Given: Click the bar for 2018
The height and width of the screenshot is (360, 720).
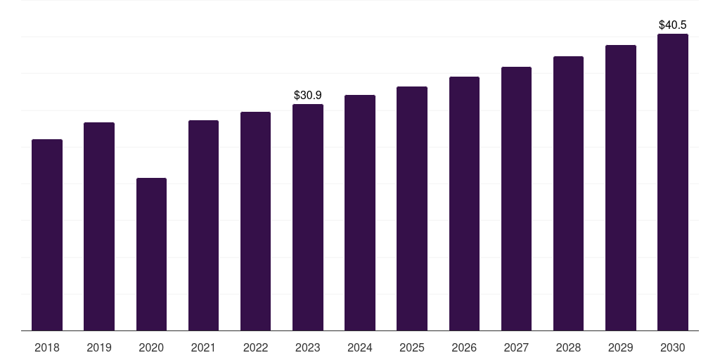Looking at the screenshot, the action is coord(47,235).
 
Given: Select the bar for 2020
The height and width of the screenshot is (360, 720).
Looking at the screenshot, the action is coord(151,254).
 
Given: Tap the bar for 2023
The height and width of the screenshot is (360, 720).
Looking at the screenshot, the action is coord(308,217).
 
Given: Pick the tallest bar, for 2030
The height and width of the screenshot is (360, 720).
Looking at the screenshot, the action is coord(673,182).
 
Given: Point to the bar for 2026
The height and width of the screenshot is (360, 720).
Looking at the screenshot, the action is coord(464,203).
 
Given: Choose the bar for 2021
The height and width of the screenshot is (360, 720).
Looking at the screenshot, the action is coord(203,226).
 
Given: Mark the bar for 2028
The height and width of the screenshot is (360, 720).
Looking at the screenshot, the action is coord(568,193).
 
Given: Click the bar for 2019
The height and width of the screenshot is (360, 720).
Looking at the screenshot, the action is coord(99,226).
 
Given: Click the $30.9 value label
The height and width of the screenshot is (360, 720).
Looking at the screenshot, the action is coord(308,95).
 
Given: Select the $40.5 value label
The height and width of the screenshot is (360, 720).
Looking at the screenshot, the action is coord(673,25).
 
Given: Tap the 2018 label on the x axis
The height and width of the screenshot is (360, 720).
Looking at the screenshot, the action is coord(47,347).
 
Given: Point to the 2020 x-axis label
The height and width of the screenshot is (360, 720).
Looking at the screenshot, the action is coord(151,347).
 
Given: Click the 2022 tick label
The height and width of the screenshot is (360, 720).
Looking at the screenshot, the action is coord(255,347).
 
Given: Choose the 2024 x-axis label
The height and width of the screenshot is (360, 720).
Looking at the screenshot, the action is coord(359,347).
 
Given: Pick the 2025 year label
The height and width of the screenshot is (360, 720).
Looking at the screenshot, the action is coord(412,347).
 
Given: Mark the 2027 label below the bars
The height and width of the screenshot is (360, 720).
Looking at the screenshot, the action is coord(516,347).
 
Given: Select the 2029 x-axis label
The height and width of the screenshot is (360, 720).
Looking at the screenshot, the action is coord(620,347).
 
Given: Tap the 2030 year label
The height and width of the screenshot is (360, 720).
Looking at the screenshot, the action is coord(673,347).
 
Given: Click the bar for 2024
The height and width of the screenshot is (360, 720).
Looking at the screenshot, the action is coord(360,212).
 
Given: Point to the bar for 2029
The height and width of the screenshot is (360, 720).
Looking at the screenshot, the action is coord(621,188).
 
